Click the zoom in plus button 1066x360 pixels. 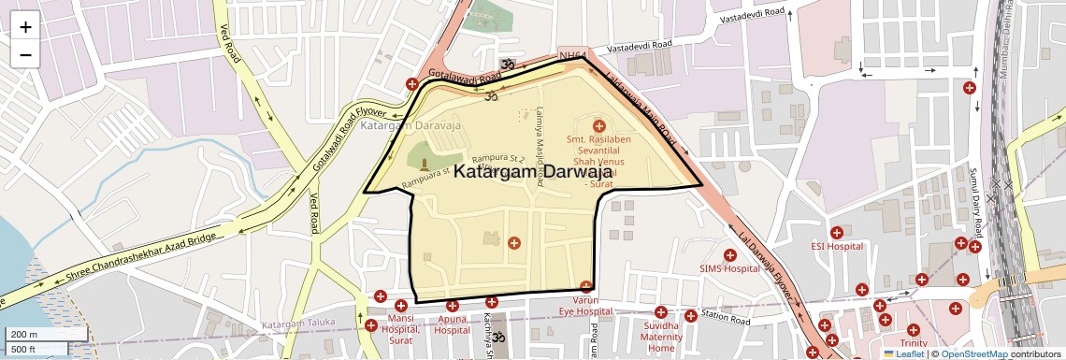pyautogui.click(x=25, y=27)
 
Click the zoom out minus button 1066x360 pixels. pyautogui.click(x=25, y=54)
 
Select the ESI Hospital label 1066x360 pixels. pyautogui.click(x=836, y=247)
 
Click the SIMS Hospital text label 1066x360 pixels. pyautogui.click(x=729, y=268)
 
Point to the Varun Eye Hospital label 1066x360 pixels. pyautogui.click(x=585, y=306)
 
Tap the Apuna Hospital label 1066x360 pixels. pyautogui.click(x=452, y=324)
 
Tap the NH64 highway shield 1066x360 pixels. pyautogui.click(x=572, y=57)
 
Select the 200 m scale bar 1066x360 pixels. pyautogui.click(x=46, y=334)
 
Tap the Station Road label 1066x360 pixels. pyautogui.click(x=726, y=318)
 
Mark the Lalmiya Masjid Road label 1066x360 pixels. pyautogui.click(x=539, y=131)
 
